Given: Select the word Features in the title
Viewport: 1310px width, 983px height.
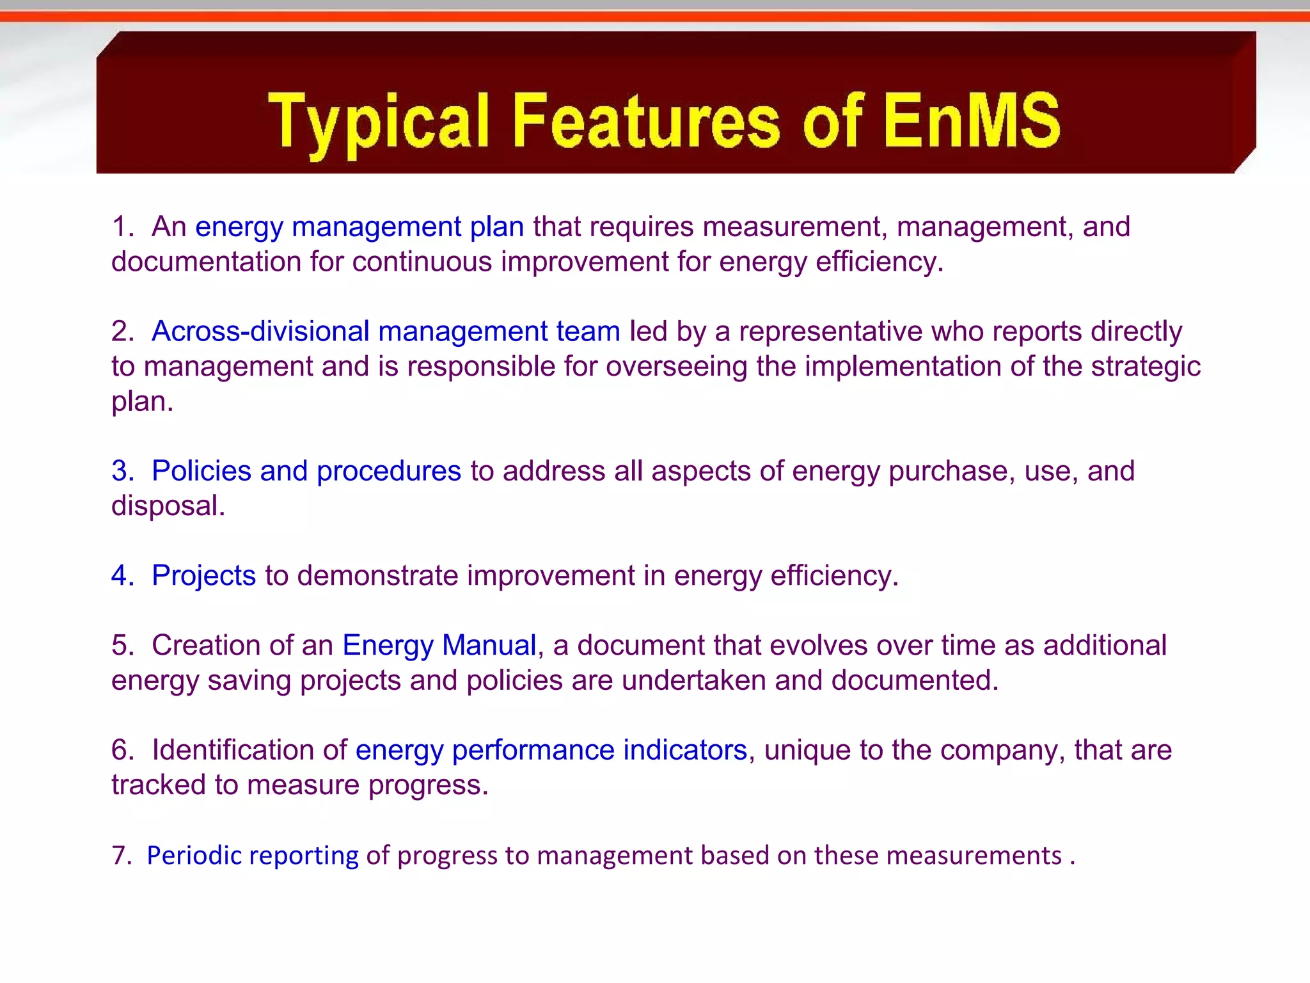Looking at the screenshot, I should (x=645, y=120).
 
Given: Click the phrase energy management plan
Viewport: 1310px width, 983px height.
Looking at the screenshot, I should (x=359, y=227).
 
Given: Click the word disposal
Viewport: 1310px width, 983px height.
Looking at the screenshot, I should (x=168, y=506).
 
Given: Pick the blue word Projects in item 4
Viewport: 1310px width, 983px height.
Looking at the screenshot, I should (x=203, y=575).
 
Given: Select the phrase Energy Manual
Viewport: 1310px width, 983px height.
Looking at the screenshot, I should (x=439, y=645).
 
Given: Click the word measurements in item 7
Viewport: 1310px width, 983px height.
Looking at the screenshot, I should (x=974, y=856).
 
